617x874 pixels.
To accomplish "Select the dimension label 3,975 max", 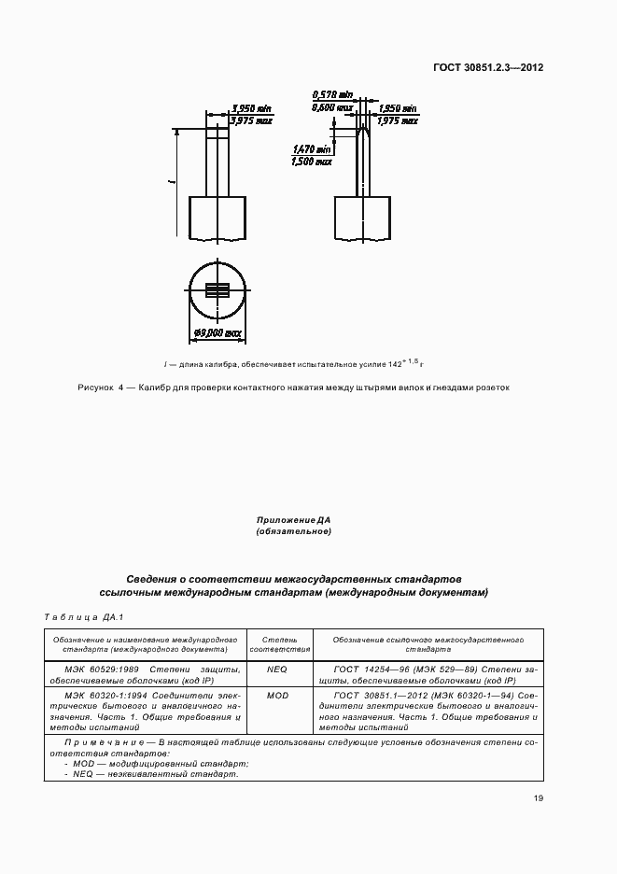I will (x=251, y=119).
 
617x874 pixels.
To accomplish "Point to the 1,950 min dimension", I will (x=397, y=108).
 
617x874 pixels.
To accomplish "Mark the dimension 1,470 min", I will (x=313, y=149).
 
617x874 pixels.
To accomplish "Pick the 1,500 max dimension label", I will (x=313, y=161).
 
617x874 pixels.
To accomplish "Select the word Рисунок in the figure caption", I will (x=94, y=388).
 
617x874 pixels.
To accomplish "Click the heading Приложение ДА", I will (x=294, y=519).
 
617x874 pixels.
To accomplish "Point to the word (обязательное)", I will (x=294, y=531).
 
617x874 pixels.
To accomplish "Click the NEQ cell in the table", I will (x=277, y=670).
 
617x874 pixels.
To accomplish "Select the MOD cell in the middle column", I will (x=277, y=696).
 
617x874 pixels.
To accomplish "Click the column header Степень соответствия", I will (x=277, y=643).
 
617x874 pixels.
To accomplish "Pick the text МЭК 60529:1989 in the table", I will (x=99, y=670).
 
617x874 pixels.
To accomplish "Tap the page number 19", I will (x=539, y=797).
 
